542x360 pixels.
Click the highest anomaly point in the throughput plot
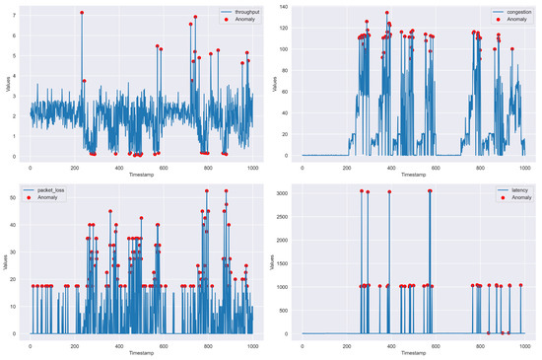pyautogui.click(x=82, y=13)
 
